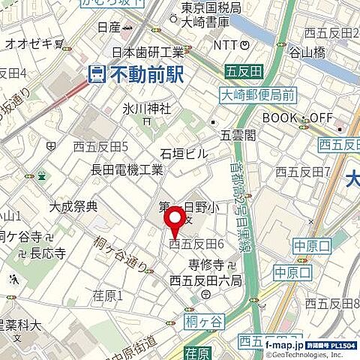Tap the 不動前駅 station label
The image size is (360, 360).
click(x=146, y=74)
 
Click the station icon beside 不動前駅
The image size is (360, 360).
click(x=97, y=74)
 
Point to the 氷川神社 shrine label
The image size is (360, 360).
click(x=147, y=109)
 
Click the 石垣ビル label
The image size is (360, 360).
click(x=184, y=154)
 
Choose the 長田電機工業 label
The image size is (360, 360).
click(x=127, y=169)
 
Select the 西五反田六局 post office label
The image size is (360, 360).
click(x=205, y=280)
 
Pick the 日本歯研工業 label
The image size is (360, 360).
click(x=148, y=52)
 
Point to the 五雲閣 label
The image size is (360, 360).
click(x=238, y=135)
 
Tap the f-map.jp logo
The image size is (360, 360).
click(x=284, y=344)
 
